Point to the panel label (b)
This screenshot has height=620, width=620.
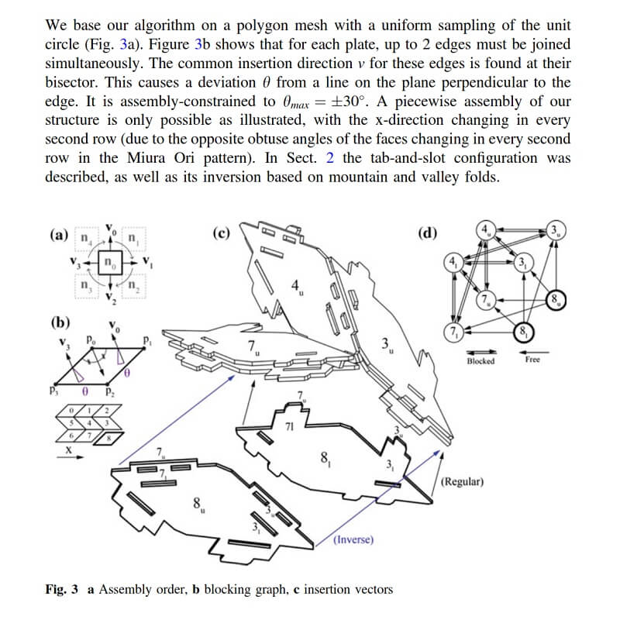60,322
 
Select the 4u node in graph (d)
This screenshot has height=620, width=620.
486,229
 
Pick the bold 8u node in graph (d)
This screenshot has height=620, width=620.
556,300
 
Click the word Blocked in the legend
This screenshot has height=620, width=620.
480,361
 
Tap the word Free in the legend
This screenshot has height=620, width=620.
532,360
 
